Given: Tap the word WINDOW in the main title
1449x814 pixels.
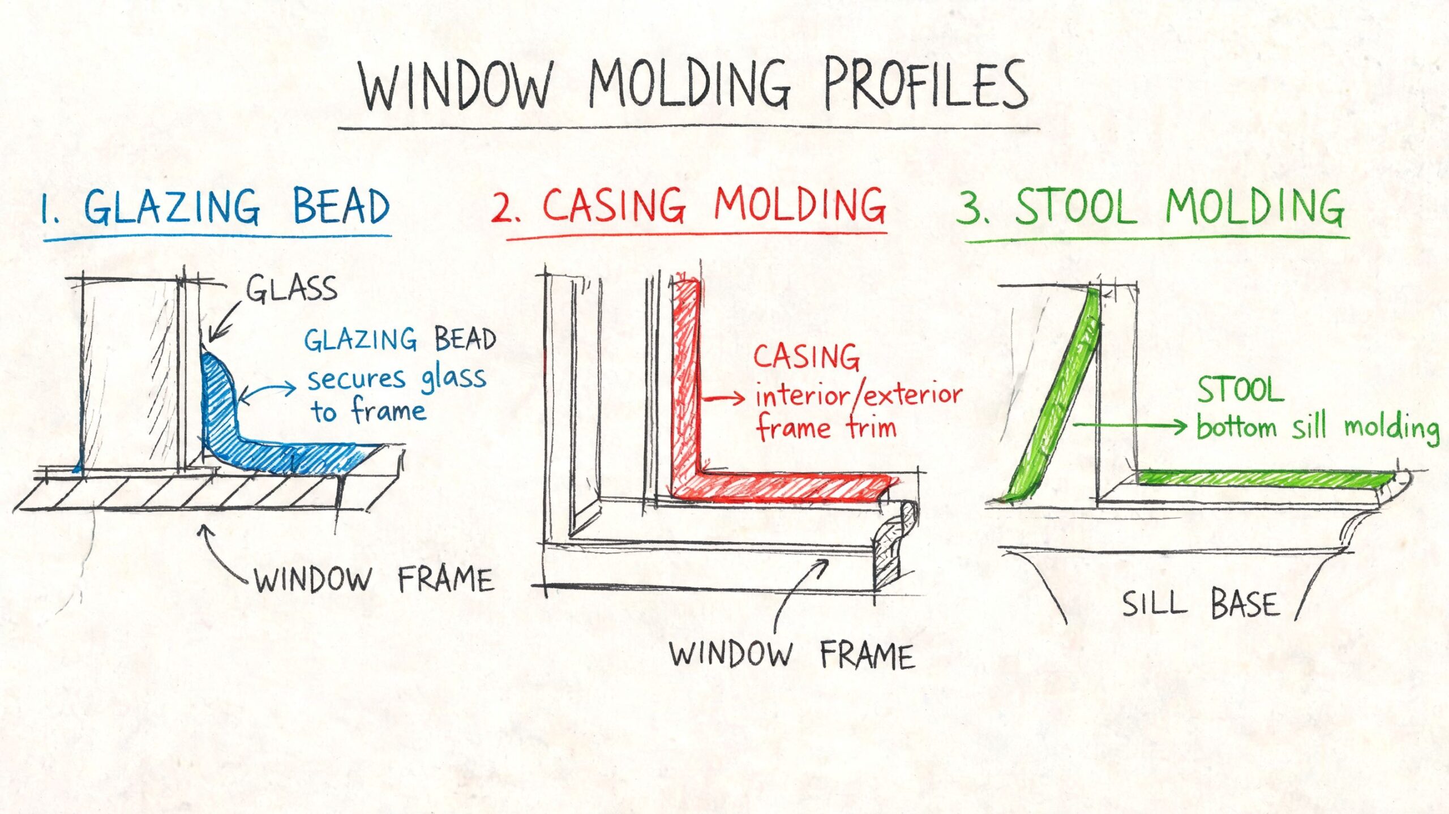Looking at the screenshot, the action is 456,85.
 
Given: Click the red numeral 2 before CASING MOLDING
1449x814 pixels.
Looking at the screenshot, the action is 503,208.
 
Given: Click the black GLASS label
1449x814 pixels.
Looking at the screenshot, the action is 291,289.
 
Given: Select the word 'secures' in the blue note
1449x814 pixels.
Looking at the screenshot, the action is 357,379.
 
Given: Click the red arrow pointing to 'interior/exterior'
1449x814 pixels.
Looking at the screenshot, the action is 723,399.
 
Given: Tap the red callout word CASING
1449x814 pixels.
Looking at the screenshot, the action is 806,357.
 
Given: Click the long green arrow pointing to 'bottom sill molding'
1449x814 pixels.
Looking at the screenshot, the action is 1130,426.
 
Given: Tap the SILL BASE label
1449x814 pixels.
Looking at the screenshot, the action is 1200,603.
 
